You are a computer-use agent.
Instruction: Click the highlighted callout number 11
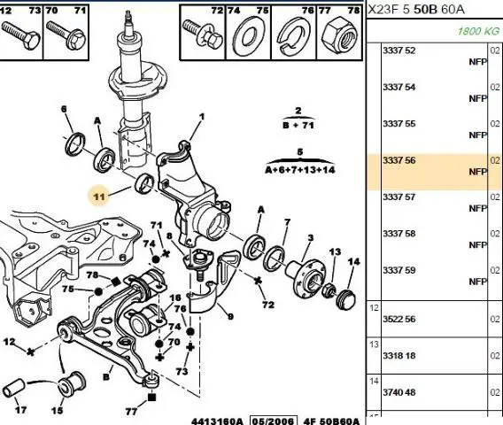(99, 197)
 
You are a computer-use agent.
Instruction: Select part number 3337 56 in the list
(399, 160)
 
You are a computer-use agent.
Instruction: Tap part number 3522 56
(399, 319)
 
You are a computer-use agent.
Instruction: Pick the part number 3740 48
(399, 392)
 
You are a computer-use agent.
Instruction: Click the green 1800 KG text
(478, 31)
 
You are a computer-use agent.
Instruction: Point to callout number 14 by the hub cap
(354, 262)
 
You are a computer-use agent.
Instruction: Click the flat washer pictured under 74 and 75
(249, 36)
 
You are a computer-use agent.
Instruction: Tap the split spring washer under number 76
(292, 36)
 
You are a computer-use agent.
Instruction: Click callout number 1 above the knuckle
(202, 117)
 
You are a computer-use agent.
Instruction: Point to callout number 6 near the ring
(64, 109)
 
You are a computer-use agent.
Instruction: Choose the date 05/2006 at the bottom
(274, 421)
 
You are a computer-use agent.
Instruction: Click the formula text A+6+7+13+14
(300, 170)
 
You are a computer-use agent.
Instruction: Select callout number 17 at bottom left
(20, 410)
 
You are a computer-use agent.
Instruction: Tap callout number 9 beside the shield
(230, 317)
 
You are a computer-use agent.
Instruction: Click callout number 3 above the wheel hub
(310, 237)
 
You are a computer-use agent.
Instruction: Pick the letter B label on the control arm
(106, 376)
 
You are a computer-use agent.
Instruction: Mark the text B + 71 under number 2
(298, 125)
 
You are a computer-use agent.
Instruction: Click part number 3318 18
(399, 356)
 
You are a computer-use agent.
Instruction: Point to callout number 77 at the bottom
(131, 411)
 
